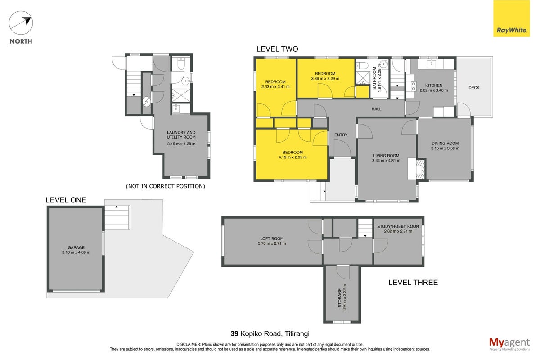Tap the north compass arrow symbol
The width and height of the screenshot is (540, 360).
pos(21,22)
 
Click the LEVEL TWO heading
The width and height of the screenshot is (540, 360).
pos(277,49)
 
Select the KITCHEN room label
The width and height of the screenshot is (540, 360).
pos(434,85)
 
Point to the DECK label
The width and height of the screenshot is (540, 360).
pos(474,88)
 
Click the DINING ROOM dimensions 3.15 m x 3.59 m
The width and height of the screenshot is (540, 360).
pos(445,148)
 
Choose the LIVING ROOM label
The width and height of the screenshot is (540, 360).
pos(386,156)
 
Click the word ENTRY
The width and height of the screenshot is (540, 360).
pos(341,135)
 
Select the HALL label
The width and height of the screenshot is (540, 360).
pos(376,109)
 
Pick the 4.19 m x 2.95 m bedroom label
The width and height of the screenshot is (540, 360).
pos(292,155)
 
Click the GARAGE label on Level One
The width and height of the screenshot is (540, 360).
pos(76,247)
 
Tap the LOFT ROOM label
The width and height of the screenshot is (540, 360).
pos(272,238)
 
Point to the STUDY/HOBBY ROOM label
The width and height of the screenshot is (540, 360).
pos(398,227)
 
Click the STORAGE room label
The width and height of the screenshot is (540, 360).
pos(340,298)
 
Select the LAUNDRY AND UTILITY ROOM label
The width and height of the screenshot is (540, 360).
pos(181,135)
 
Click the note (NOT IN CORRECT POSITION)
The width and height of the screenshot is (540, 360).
pos(166,186)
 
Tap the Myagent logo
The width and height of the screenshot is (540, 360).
pos(509,344)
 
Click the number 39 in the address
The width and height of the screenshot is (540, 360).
pos(234,334)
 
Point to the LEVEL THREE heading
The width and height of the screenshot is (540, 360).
pos(413,283)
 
